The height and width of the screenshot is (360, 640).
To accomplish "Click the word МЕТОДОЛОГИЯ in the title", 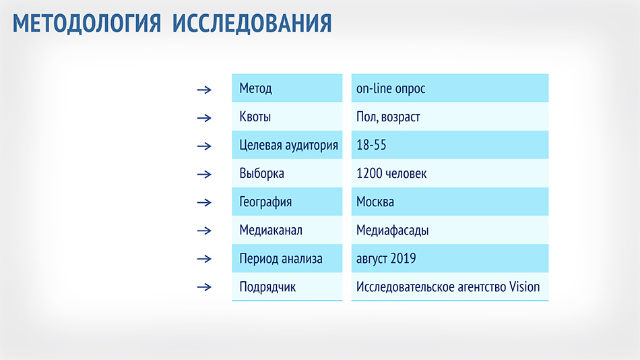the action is pyautogui.click(x=87, y=24).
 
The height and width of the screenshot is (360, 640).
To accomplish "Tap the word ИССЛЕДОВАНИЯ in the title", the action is pyautogui.click(x=252, y=24).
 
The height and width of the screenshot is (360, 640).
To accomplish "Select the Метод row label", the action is pyautogui.click(x=255, y=89).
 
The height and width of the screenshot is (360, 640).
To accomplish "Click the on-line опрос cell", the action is pyautogui.click(x=391, y=89).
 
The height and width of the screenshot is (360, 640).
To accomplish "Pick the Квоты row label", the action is pyautogui.click(x=255, y=117).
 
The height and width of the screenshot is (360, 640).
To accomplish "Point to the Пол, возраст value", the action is pyautogui.click(x=388, y=117).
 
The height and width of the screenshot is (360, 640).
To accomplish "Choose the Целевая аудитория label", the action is pyautogui.click(x=288, y=146).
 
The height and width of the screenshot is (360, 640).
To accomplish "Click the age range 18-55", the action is pyautogui.click(x=371, y=145).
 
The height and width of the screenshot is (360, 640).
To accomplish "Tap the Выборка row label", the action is pyautogui.click(x=261, y=174).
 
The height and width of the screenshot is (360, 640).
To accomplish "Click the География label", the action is pyautogui.click(x=265, y=202).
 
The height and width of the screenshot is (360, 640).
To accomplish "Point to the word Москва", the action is pyautogui.click(x=375, y=202).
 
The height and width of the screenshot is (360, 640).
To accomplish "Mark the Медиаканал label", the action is pyautogui.click(x=271, y=231).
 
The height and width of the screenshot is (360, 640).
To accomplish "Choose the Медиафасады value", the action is pyautogui.click(x=392, y=231).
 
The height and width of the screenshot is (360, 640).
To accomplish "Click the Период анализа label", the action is pyautogui.click(x=281, y=259).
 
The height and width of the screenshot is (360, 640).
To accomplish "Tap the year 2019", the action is pyautogui.click(x=404, y=258).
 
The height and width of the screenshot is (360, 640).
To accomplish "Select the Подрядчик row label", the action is pyautogui.click(x=267, y=287).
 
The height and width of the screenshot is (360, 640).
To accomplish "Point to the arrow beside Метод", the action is pyautogui.click(x=204, y=90).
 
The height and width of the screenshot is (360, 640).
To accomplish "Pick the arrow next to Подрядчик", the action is pyautogui.click(x=204, y=287).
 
